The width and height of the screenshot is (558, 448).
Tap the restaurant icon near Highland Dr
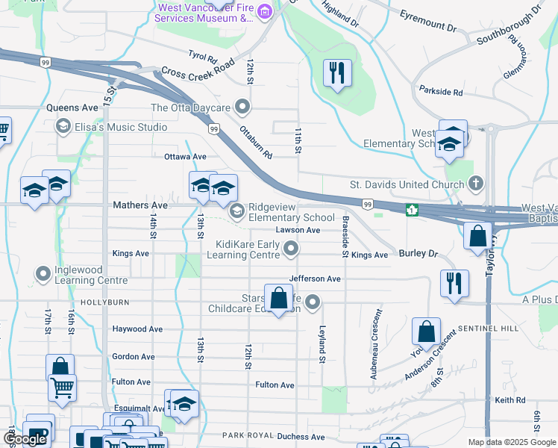tap(337, 73)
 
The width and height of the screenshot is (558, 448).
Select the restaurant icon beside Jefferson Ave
tap(454, 284)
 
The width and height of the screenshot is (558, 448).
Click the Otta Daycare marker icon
tap(242, 107)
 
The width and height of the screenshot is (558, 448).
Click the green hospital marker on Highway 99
tap(410, 211)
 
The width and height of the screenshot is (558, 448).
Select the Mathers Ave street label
tap(139, 204)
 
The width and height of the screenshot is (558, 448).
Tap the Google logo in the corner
tap(25, 439)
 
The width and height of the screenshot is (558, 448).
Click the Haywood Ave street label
tap(137, 329)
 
